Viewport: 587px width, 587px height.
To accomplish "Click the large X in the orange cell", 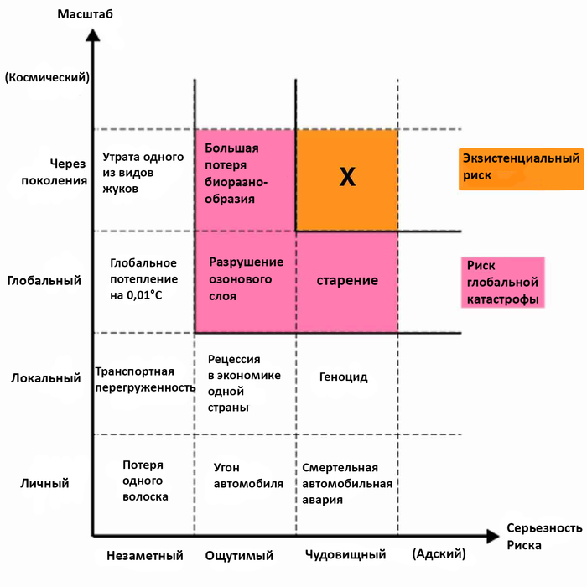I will tap(346, 177).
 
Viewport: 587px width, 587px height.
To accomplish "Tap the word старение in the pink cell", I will tap(347, 280).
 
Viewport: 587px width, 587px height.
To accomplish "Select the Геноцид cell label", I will tap(344, 377).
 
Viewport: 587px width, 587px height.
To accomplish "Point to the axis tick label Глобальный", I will tap(44, 280).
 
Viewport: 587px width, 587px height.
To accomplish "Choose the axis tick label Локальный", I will tap(45, 377).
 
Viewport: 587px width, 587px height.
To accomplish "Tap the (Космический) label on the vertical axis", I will tap(47, 77).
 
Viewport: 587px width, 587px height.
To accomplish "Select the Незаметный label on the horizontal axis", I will tap(145, 555).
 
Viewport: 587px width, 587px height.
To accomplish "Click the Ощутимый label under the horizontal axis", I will tap(244, 555).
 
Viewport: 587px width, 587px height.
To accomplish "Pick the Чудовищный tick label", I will tap(345, 555).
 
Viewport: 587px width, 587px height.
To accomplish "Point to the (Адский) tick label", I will tap(439, 555).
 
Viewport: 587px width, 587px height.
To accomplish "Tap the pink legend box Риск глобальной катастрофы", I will tap(502, 282).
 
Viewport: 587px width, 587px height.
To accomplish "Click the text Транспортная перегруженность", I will tap(145, 379).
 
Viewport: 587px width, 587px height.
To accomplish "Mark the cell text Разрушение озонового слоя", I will tap(245, 279).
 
